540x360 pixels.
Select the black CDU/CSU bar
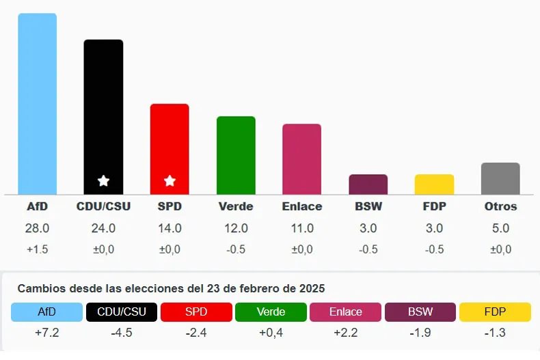click(103, 117)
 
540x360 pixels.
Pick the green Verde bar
click(236, 155)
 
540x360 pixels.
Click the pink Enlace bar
click(301, 159)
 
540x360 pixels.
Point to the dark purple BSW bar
click(368, 184)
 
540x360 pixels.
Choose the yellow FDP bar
click(434, 184)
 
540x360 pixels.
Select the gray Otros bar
click(500, 178)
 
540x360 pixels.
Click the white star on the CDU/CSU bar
click(103, 181)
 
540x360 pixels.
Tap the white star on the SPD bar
click(170, 181)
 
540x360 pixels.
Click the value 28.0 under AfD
click(37, 228)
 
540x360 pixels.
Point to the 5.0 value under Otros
click(500, 228)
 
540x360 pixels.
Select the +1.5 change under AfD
click(37, 249)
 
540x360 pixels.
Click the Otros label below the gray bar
click(500, 206)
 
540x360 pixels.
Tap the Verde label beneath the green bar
click(236, 206)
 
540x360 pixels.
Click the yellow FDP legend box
click(495, 312)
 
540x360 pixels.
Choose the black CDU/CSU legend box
click(122, 312)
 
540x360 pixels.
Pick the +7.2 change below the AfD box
click(46, 333)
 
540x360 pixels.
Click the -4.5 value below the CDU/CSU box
click(122, 333)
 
